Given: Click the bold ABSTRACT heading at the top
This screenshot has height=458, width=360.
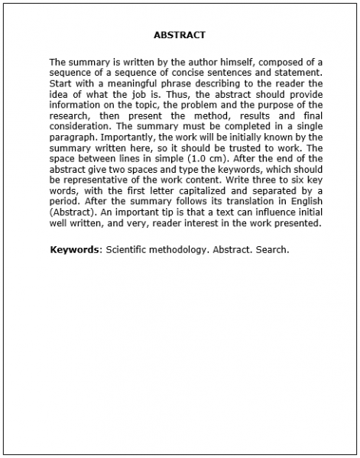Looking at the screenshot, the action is tap(180, 35).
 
